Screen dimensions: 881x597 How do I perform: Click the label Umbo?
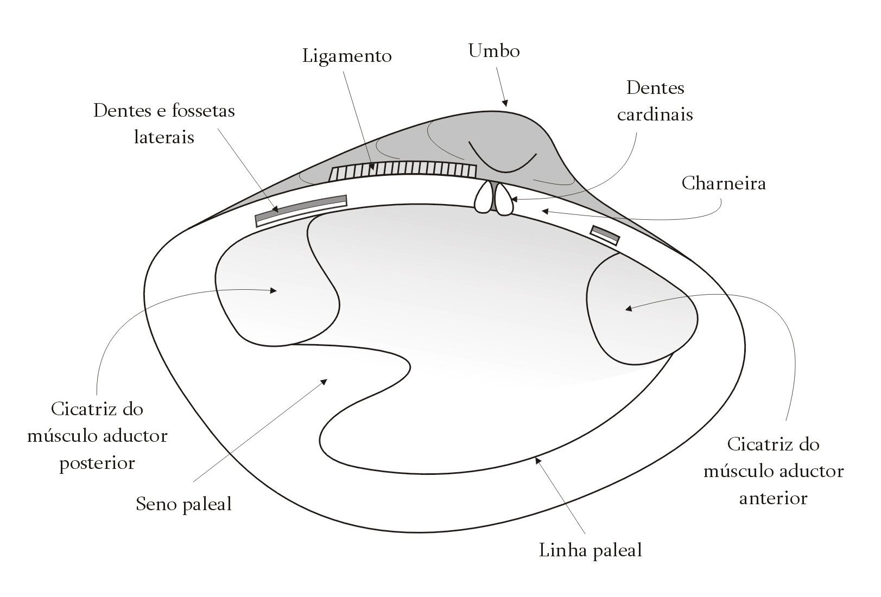pyautogui.click(x=494, y=51)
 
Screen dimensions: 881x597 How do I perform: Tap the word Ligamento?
pyautogui.click(x=347, y=56)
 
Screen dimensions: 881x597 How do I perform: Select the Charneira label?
pyautogui.click(x=724, y=183)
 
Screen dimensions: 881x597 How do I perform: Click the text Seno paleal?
pyautogui.click(x=183, y=504)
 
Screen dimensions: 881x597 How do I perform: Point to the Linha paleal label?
pyautogui.click(x=591, y=550)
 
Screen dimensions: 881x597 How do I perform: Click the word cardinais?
pyautogui.click(x=655, y=115)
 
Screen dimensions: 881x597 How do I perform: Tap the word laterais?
pyautogui.click(x=164, y=137)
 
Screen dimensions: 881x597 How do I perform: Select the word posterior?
pyautogui.click(x=97, y=463)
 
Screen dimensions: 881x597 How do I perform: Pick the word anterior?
pyautogui.click(x=773, y=499)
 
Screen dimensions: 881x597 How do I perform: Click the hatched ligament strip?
pyautogui.click(x=403, y=172)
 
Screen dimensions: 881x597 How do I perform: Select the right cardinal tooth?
pyautogui.click(x=503, y=199)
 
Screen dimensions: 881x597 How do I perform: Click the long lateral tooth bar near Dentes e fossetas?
pyautogui.click(x=301, y=211)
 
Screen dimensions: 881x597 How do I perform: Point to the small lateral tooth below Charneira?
pyautogui.click(x=605, y=235)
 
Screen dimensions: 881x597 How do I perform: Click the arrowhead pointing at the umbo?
pyautogui.click(x=505, y=103)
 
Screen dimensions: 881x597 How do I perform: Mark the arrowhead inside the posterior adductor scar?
pyautogui.click(x=274, y=291)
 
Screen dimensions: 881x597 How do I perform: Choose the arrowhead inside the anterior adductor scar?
pyautogui.click(x=629, y=308)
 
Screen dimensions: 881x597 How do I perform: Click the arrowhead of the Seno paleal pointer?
pyautogui.click(x=324, y=382)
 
